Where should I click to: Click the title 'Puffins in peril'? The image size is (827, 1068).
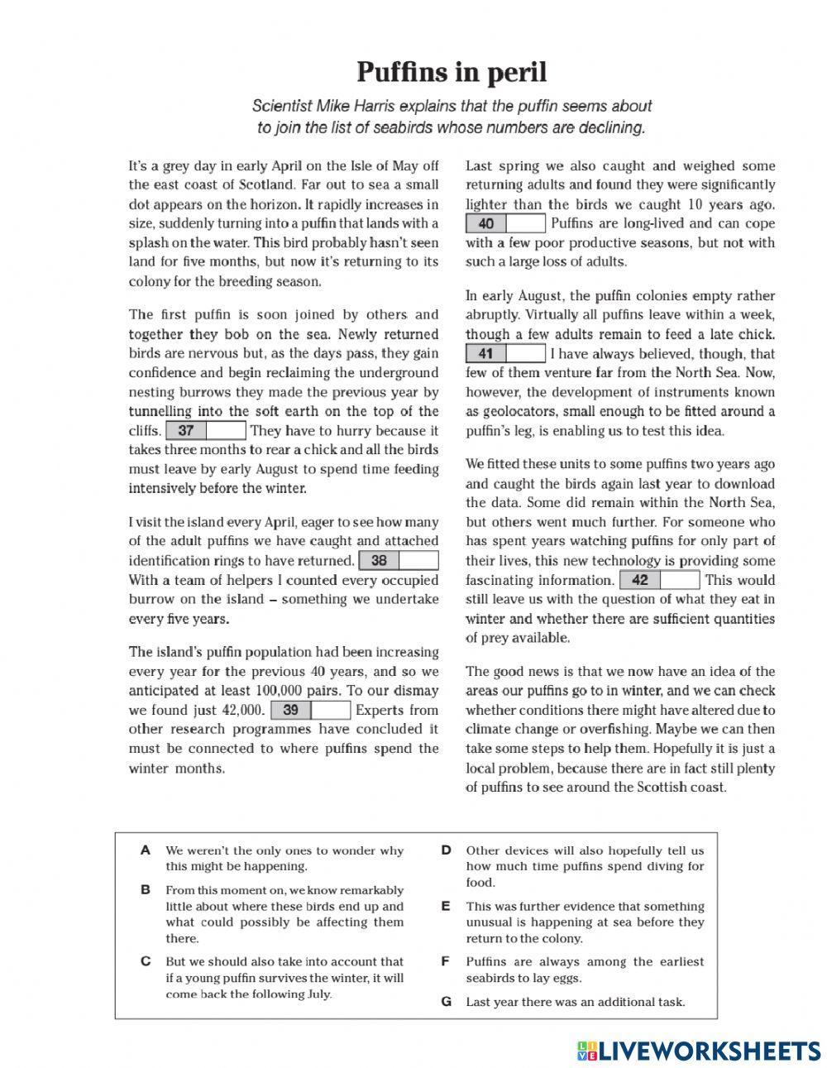(x=452, y=73)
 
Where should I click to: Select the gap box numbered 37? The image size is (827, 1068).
(x=206, y=430)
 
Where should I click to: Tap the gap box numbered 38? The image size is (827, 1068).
(x=399, y=561)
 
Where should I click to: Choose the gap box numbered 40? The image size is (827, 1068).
(x=505, y=223)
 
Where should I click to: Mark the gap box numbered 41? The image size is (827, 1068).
(x=505, y=354)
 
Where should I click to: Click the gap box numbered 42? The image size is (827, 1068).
(x=659, y=580)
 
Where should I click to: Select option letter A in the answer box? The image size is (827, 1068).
(x=146, y=850)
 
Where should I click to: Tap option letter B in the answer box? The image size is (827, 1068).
(x=146, y=890)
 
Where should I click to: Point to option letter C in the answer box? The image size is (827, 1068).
(x=146, y=961)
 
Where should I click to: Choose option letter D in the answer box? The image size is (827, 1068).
(x=446, y=850)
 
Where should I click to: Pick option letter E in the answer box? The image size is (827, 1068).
(x=446, y=907)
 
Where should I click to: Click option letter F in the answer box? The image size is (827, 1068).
(x=446, y=961)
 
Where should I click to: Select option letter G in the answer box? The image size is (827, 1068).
(x=446, y=1002)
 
